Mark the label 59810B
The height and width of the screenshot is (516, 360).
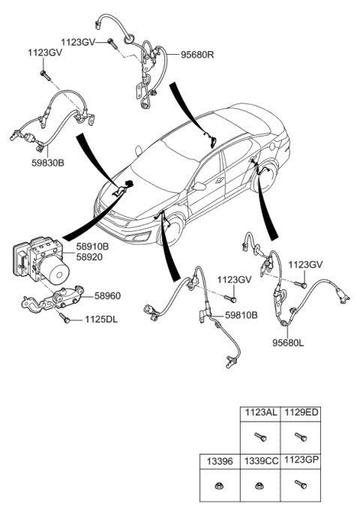(x=241, y=315)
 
